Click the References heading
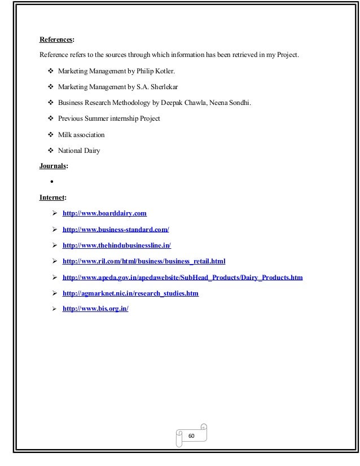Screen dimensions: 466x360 tap(56, 39)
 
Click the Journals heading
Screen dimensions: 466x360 tap(53, 166)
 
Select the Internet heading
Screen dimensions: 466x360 tap(52, 197)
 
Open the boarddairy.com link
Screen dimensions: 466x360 tap(104, 213)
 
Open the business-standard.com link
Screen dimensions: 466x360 tap(116, 229)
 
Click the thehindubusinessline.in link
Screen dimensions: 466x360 tap(116, 245)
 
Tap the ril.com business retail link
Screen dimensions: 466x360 tap(144, 261)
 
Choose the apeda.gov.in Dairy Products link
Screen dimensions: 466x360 tap(182, 278)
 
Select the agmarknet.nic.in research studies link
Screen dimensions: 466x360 tap(130, 293)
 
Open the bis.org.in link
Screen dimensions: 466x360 tap(95, 310)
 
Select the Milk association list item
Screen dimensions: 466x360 tap(81, 135)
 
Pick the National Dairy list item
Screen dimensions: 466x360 tap(78, 151)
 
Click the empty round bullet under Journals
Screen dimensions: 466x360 tap(51, 182)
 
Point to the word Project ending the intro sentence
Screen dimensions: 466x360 tap(287, 55)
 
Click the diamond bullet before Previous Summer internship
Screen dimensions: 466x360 tap(51, 119)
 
